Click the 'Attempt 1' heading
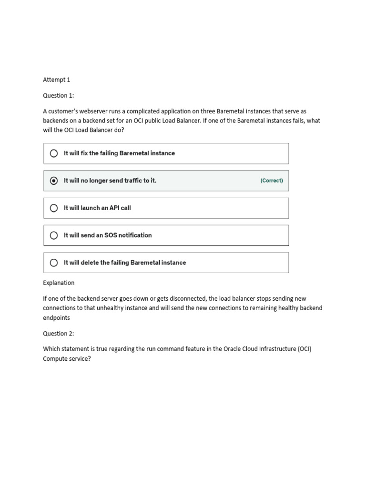[x=56, y=80]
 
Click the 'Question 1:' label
[x=59, y=95]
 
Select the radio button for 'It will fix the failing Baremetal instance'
[x=54, y=153]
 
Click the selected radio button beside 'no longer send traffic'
[x=54, y=181]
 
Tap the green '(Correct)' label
[x=272, y=181]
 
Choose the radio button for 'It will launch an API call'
[x=54, y=208]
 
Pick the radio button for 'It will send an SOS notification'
[x=54, y=235]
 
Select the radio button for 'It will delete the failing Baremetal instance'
[x=54, y=263]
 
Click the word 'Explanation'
[x=59, y=283]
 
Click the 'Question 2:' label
[x=59, y=333]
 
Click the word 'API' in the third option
[x=113, y=208]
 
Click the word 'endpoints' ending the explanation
[x=56, y=317]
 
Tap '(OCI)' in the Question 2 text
[x=305, y=349]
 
